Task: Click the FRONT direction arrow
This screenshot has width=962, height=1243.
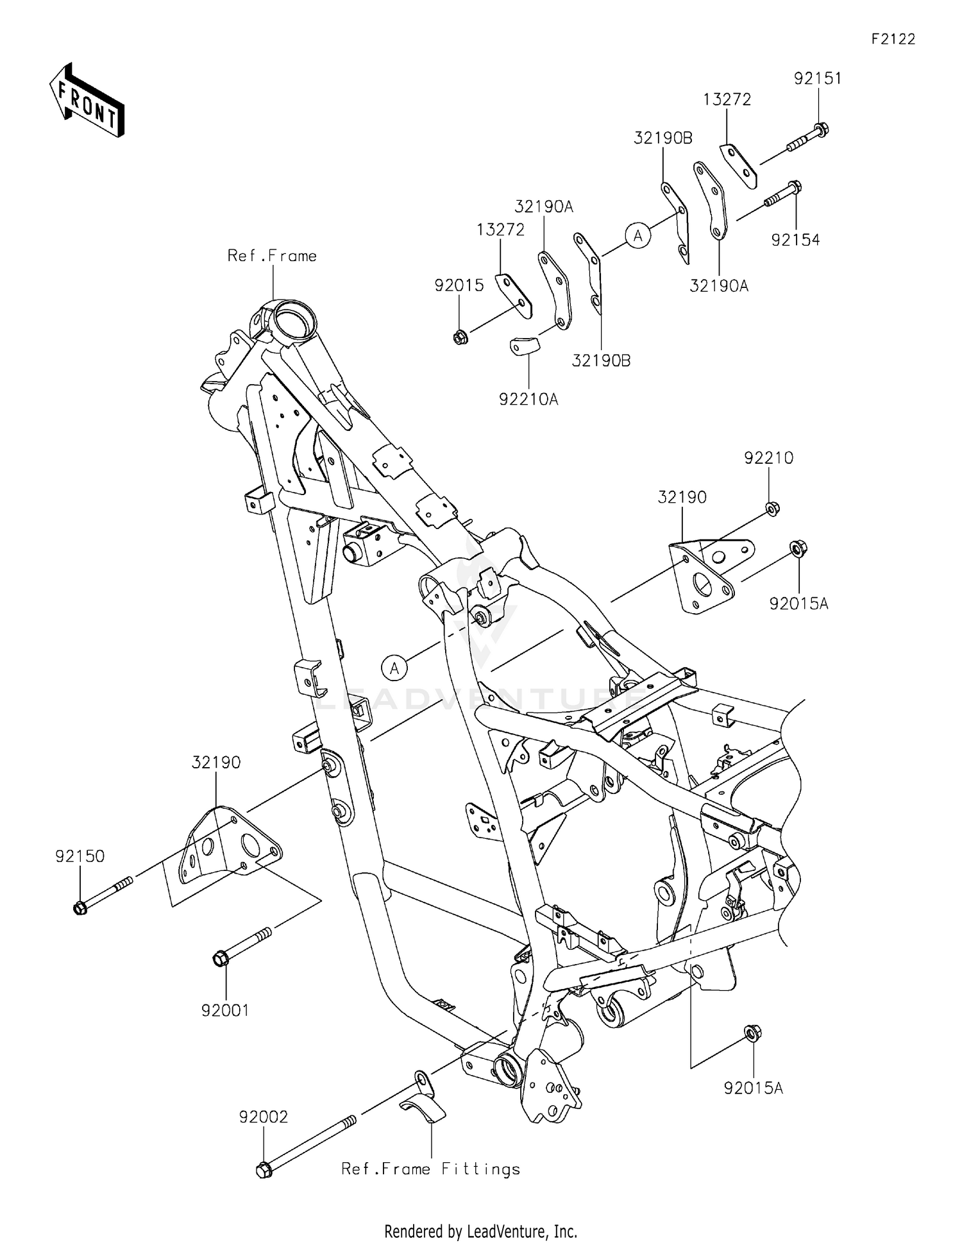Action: [87, 101]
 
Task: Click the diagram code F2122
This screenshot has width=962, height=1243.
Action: [893, 39]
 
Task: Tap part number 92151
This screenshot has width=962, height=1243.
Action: [818, 78]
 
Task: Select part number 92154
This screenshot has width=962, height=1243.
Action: [795, 240]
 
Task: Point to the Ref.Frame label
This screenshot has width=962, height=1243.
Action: [272, 256]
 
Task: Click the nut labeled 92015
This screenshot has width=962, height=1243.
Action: [459, 337]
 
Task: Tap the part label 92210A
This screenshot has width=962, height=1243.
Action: [528, 399]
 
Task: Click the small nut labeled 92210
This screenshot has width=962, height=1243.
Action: [772, 509]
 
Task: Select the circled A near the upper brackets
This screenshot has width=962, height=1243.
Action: [638, 236]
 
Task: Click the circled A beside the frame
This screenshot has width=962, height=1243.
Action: [394, 668]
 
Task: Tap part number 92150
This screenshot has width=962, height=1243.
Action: [80, 856]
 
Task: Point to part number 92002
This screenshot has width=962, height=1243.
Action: [264, 1117]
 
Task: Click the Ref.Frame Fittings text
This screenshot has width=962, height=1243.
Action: [430, 1169]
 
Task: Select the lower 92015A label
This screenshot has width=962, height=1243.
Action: [754, 1088]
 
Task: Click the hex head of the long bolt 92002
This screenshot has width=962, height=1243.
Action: [263, 1169]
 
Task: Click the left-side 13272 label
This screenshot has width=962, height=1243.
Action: [500, 229]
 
